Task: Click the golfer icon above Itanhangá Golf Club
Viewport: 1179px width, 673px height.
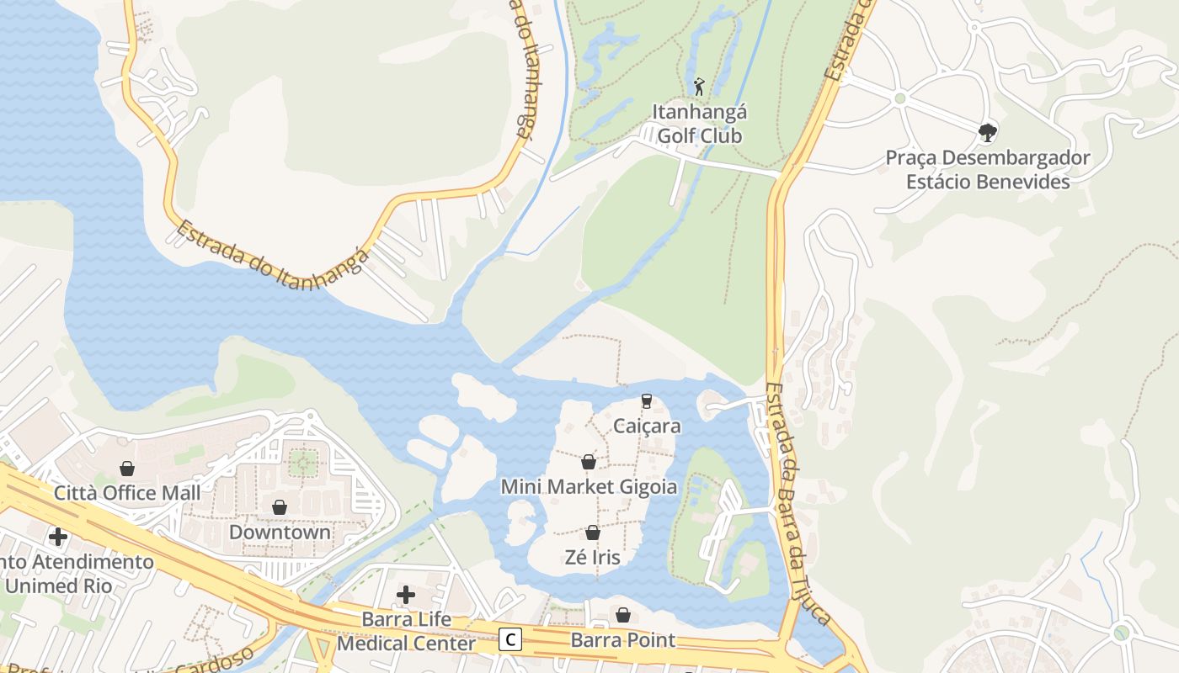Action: point(699,86)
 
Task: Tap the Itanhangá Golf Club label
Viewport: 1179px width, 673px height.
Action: point(700,124)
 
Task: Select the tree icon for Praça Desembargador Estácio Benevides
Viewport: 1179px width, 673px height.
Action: point(988,132)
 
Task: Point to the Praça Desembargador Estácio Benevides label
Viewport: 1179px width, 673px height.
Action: point(988,170)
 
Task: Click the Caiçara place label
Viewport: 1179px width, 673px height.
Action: point(647,426)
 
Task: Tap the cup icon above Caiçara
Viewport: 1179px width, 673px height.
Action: point(647,401)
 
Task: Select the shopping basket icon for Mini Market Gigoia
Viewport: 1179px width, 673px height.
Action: point(589,462)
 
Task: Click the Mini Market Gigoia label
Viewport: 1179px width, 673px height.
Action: point(589,486)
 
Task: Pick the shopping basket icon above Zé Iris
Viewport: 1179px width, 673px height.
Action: point(593,533)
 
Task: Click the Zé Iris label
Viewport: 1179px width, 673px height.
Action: point(593,557)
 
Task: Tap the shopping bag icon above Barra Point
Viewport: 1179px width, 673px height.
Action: point(623,615)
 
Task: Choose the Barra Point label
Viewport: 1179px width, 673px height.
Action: point(623,640)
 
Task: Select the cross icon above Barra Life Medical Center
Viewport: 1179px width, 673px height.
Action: point(406,595)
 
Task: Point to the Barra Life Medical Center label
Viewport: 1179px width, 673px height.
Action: point(406,632)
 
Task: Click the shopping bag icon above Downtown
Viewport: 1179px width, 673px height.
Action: point(280,507)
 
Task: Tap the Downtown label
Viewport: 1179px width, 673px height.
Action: point(280,533)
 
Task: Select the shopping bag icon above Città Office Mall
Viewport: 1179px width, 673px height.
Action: point(127,468)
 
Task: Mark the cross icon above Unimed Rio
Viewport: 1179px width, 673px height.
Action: point(58,536)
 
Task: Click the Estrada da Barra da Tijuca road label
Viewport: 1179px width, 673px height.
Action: point(798,505)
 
